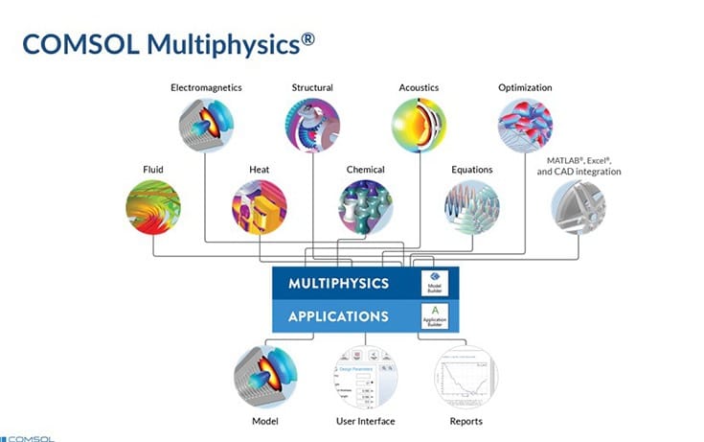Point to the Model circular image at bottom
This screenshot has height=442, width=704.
tap(264, 378)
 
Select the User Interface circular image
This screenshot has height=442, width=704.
tap(366, 378)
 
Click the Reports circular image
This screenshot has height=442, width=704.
tap(466, 378)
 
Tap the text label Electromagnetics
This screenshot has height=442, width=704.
tap(206, 88)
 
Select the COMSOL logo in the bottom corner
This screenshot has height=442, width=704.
tap(29, 437)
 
